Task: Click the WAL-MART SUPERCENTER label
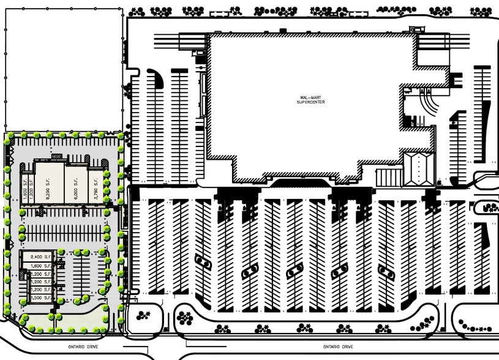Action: point(310,99)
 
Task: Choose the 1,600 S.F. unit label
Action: point(40,266)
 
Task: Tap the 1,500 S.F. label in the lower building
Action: point(40,297)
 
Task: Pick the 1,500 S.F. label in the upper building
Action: point(25,184)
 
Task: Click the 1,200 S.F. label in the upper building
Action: point(31,184)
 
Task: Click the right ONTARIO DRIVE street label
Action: point(339,347)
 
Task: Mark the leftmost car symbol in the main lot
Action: point(204,262)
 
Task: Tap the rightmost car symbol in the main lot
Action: point(386,271)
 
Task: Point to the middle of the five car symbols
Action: point(295,270)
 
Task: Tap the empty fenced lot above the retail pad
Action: point(61,67)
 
